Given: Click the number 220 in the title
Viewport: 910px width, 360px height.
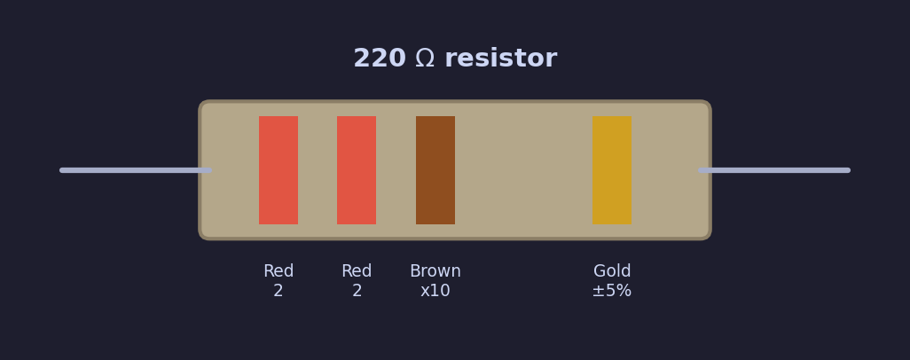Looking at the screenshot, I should coord(379,59).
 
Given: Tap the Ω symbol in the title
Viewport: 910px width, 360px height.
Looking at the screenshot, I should coord(425,59).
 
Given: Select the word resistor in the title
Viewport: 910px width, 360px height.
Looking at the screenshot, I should coord(500,59).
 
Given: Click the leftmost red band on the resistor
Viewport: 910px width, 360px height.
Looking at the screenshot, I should coord(278,170).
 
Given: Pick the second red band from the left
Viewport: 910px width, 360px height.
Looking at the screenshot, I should coord(357,170).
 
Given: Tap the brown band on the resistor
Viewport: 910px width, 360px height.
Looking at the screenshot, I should coord(435,170).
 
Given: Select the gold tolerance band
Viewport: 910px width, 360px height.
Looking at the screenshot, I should coord(612,170).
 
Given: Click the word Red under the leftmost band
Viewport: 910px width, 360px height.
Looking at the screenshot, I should coord(278,271).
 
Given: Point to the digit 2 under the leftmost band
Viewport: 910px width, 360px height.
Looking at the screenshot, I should coord(278,291).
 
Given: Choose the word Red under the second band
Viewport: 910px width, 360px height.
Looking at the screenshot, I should coord(357,271).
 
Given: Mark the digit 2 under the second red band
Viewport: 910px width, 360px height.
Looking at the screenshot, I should coord(357,291).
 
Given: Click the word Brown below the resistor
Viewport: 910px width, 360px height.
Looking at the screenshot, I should coord(435,271).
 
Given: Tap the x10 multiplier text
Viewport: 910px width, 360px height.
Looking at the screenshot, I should coord(435,291).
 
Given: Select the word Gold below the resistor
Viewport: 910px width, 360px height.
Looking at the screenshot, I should coord(612,271).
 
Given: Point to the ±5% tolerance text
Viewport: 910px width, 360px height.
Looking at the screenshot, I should coord(612,291).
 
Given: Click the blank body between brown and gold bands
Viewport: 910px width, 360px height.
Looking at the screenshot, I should coord(523,170).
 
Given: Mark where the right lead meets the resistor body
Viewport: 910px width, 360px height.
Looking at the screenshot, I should coord(708,170).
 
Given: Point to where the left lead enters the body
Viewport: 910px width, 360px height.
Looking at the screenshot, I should coord(203,170).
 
